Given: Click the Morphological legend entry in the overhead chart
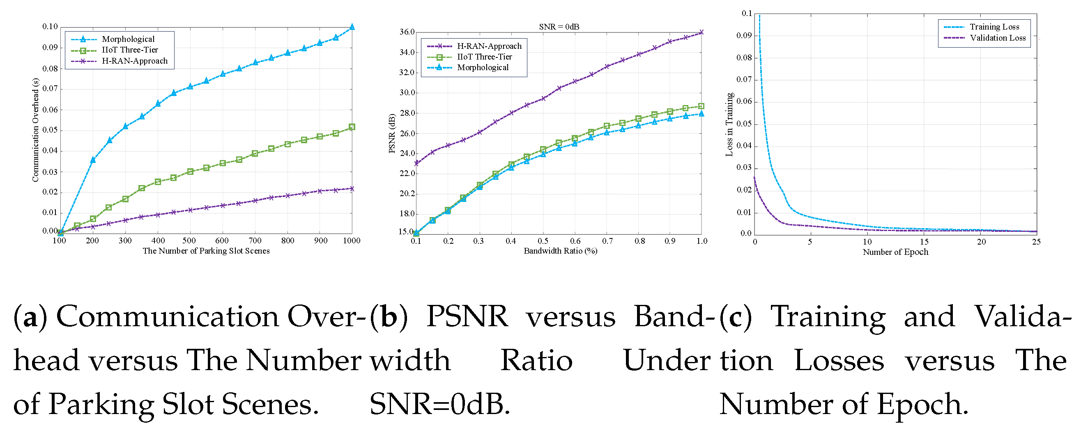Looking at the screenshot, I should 128,39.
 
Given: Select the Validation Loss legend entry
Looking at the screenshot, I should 998,38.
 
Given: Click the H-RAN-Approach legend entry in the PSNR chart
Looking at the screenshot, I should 489,46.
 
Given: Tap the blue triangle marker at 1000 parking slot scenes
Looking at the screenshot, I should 352,27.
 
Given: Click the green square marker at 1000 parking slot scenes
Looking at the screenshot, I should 352,127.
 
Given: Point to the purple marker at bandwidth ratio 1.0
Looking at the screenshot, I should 701,32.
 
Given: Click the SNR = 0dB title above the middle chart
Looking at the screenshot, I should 559,27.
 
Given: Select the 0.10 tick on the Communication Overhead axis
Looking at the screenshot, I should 50,27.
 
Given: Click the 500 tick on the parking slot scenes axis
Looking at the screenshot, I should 189,240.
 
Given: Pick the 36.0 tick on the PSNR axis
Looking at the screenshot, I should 407,32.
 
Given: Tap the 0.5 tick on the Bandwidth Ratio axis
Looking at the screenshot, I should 543,241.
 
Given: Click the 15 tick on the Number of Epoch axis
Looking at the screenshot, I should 924,242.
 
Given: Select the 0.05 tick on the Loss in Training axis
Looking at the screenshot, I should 744,124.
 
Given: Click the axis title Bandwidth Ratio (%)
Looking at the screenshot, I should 560,251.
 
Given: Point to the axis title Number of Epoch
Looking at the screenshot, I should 895,252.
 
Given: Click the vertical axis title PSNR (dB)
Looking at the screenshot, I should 392,133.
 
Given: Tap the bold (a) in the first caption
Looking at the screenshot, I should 30,317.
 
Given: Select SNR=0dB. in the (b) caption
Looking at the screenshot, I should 440,405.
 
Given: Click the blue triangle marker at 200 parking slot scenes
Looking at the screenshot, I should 93,160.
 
